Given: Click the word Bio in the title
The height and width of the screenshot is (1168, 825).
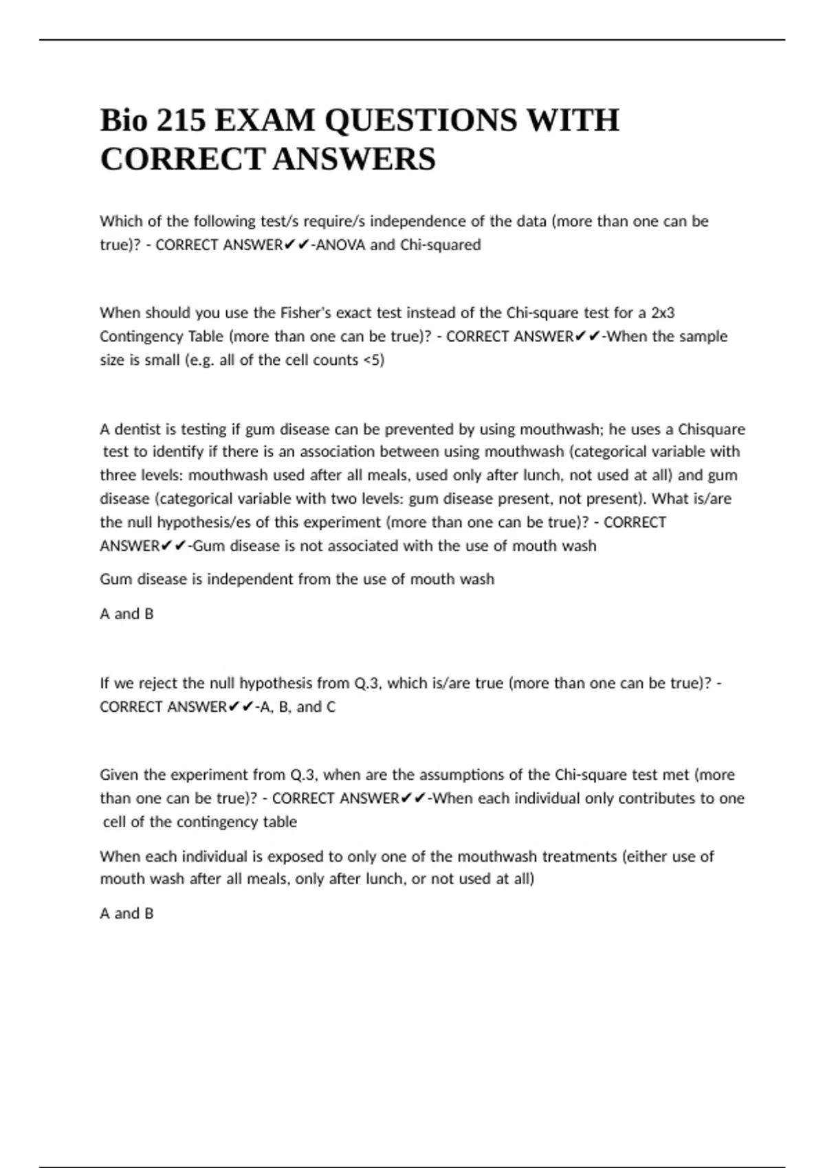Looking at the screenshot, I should coord(124,121).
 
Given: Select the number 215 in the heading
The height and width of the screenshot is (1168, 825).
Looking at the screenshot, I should coord(181,121).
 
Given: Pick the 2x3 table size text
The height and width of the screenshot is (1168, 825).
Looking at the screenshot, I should coord(663,313).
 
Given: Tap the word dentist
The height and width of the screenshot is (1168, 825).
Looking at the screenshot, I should coord(144,429).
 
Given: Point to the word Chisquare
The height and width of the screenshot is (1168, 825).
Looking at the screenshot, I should coord(712,429).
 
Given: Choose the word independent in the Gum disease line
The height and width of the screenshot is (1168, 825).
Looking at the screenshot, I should coord(250,579).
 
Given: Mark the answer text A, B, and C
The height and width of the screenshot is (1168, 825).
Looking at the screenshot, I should coord(296,707).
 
